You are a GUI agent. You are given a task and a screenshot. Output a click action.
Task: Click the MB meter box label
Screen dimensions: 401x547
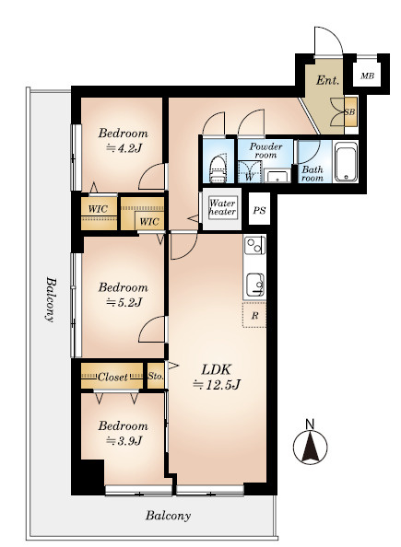tap(367, 75)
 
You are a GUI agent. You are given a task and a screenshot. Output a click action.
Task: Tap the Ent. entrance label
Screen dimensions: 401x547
tap(327, 80)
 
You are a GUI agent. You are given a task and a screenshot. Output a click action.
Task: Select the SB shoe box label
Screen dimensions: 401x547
tap(349, 112)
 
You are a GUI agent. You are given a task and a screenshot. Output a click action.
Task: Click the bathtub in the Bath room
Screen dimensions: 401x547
tap(346, 161)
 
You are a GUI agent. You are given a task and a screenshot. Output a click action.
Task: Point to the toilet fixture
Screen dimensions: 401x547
tap(218, 170)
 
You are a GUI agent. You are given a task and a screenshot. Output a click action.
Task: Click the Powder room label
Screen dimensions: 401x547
tap(265, 150)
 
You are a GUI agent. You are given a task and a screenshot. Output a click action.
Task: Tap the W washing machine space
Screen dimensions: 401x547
tap(250, 172)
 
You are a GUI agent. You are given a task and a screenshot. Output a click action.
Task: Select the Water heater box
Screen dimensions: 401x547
tap(222, 208)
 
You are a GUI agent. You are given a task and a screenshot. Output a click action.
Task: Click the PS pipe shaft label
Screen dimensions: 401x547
tap(259, 210)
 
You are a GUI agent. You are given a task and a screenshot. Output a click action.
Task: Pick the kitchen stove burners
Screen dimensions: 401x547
tap(254, 245)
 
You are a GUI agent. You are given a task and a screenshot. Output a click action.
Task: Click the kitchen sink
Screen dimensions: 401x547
tap(255, 285)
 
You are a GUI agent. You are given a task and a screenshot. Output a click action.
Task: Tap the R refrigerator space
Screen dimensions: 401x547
tap(254, 315)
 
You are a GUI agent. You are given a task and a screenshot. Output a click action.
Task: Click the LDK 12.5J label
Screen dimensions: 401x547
tap(217, 377)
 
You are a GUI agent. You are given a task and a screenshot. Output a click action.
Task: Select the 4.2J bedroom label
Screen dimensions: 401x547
tap(123, 141)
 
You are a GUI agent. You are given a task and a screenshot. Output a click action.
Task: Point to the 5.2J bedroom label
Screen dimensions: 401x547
tap(123, 295)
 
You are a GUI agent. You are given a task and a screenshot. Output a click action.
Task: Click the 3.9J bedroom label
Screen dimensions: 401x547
tap(123, 434)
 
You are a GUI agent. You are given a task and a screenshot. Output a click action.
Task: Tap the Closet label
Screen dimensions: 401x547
tap(112, 378)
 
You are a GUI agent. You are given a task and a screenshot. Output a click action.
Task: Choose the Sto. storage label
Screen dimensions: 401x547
tap(156, 376)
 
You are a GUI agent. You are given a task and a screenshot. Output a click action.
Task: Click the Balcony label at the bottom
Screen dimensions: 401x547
tap(169, 516)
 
